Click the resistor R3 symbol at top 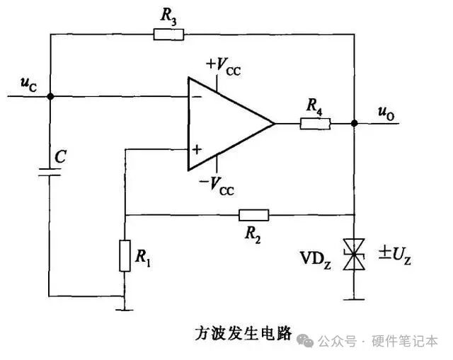[x=168, y=33]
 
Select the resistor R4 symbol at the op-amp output [x=315, y=124]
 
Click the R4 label [x=315, y=106]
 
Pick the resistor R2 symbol [x=253, y=214]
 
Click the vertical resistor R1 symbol [x=124, y=257]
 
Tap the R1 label [x=144, y=260]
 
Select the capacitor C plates [x=50, y=173]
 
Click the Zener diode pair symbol [x=354, y=253]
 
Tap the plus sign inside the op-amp [x=196, y=149]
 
